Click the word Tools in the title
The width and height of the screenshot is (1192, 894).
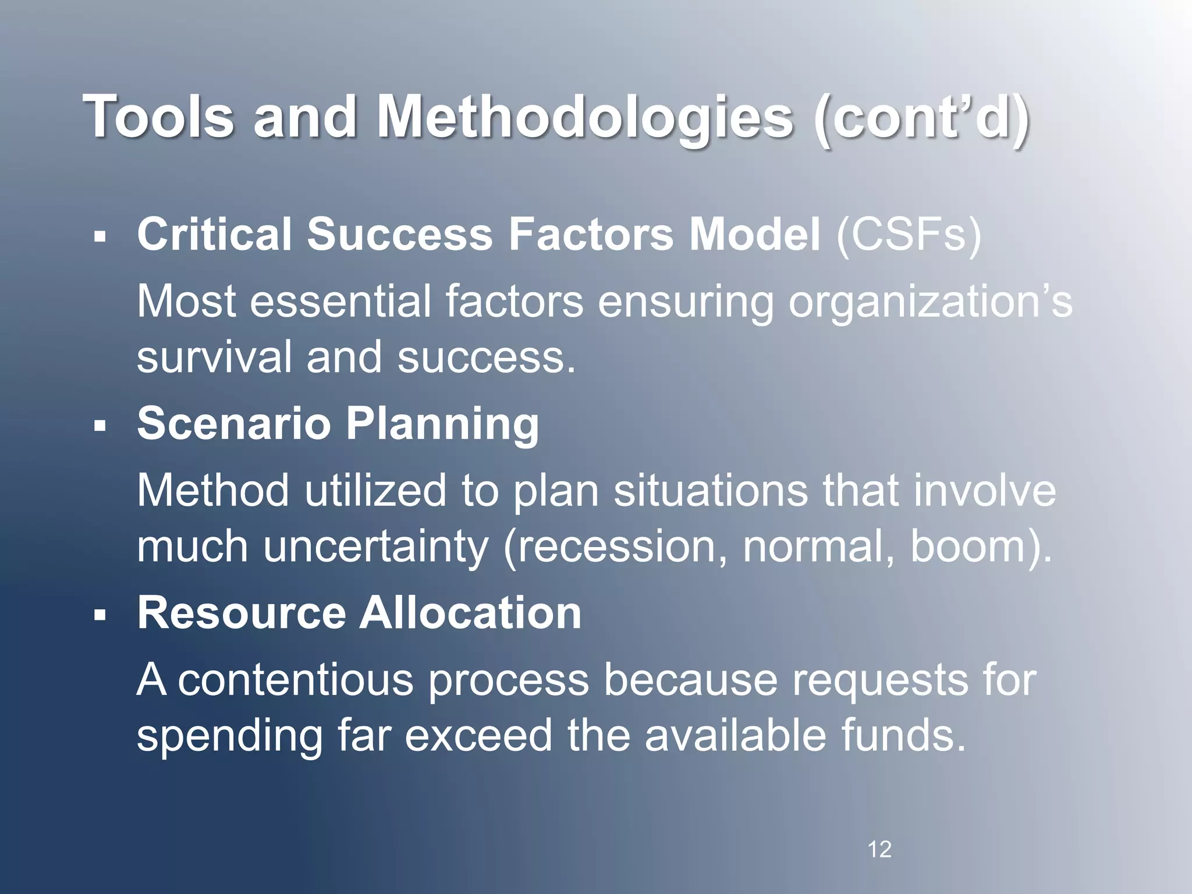coord(159,116)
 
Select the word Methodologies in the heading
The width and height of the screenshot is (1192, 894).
coord(585,116)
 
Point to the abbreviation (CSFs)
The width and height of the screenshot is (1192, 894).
coord(909,235)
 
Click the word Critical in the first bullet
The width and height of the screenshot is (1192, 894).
coord(214,235)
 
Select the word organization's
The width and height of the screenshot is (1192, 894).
coord(930,303)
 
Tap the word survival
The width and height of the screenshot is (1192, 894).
coord(214,357)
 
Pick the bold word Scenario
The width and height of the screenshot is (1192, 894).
coord(233,424)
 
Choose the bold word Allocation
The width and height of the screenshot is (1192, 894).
coord(470,613)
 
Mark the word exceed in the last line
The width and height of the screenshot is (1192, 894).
coord(478,735)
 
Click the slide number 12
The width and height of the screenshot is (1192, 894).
coord(879,850)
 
